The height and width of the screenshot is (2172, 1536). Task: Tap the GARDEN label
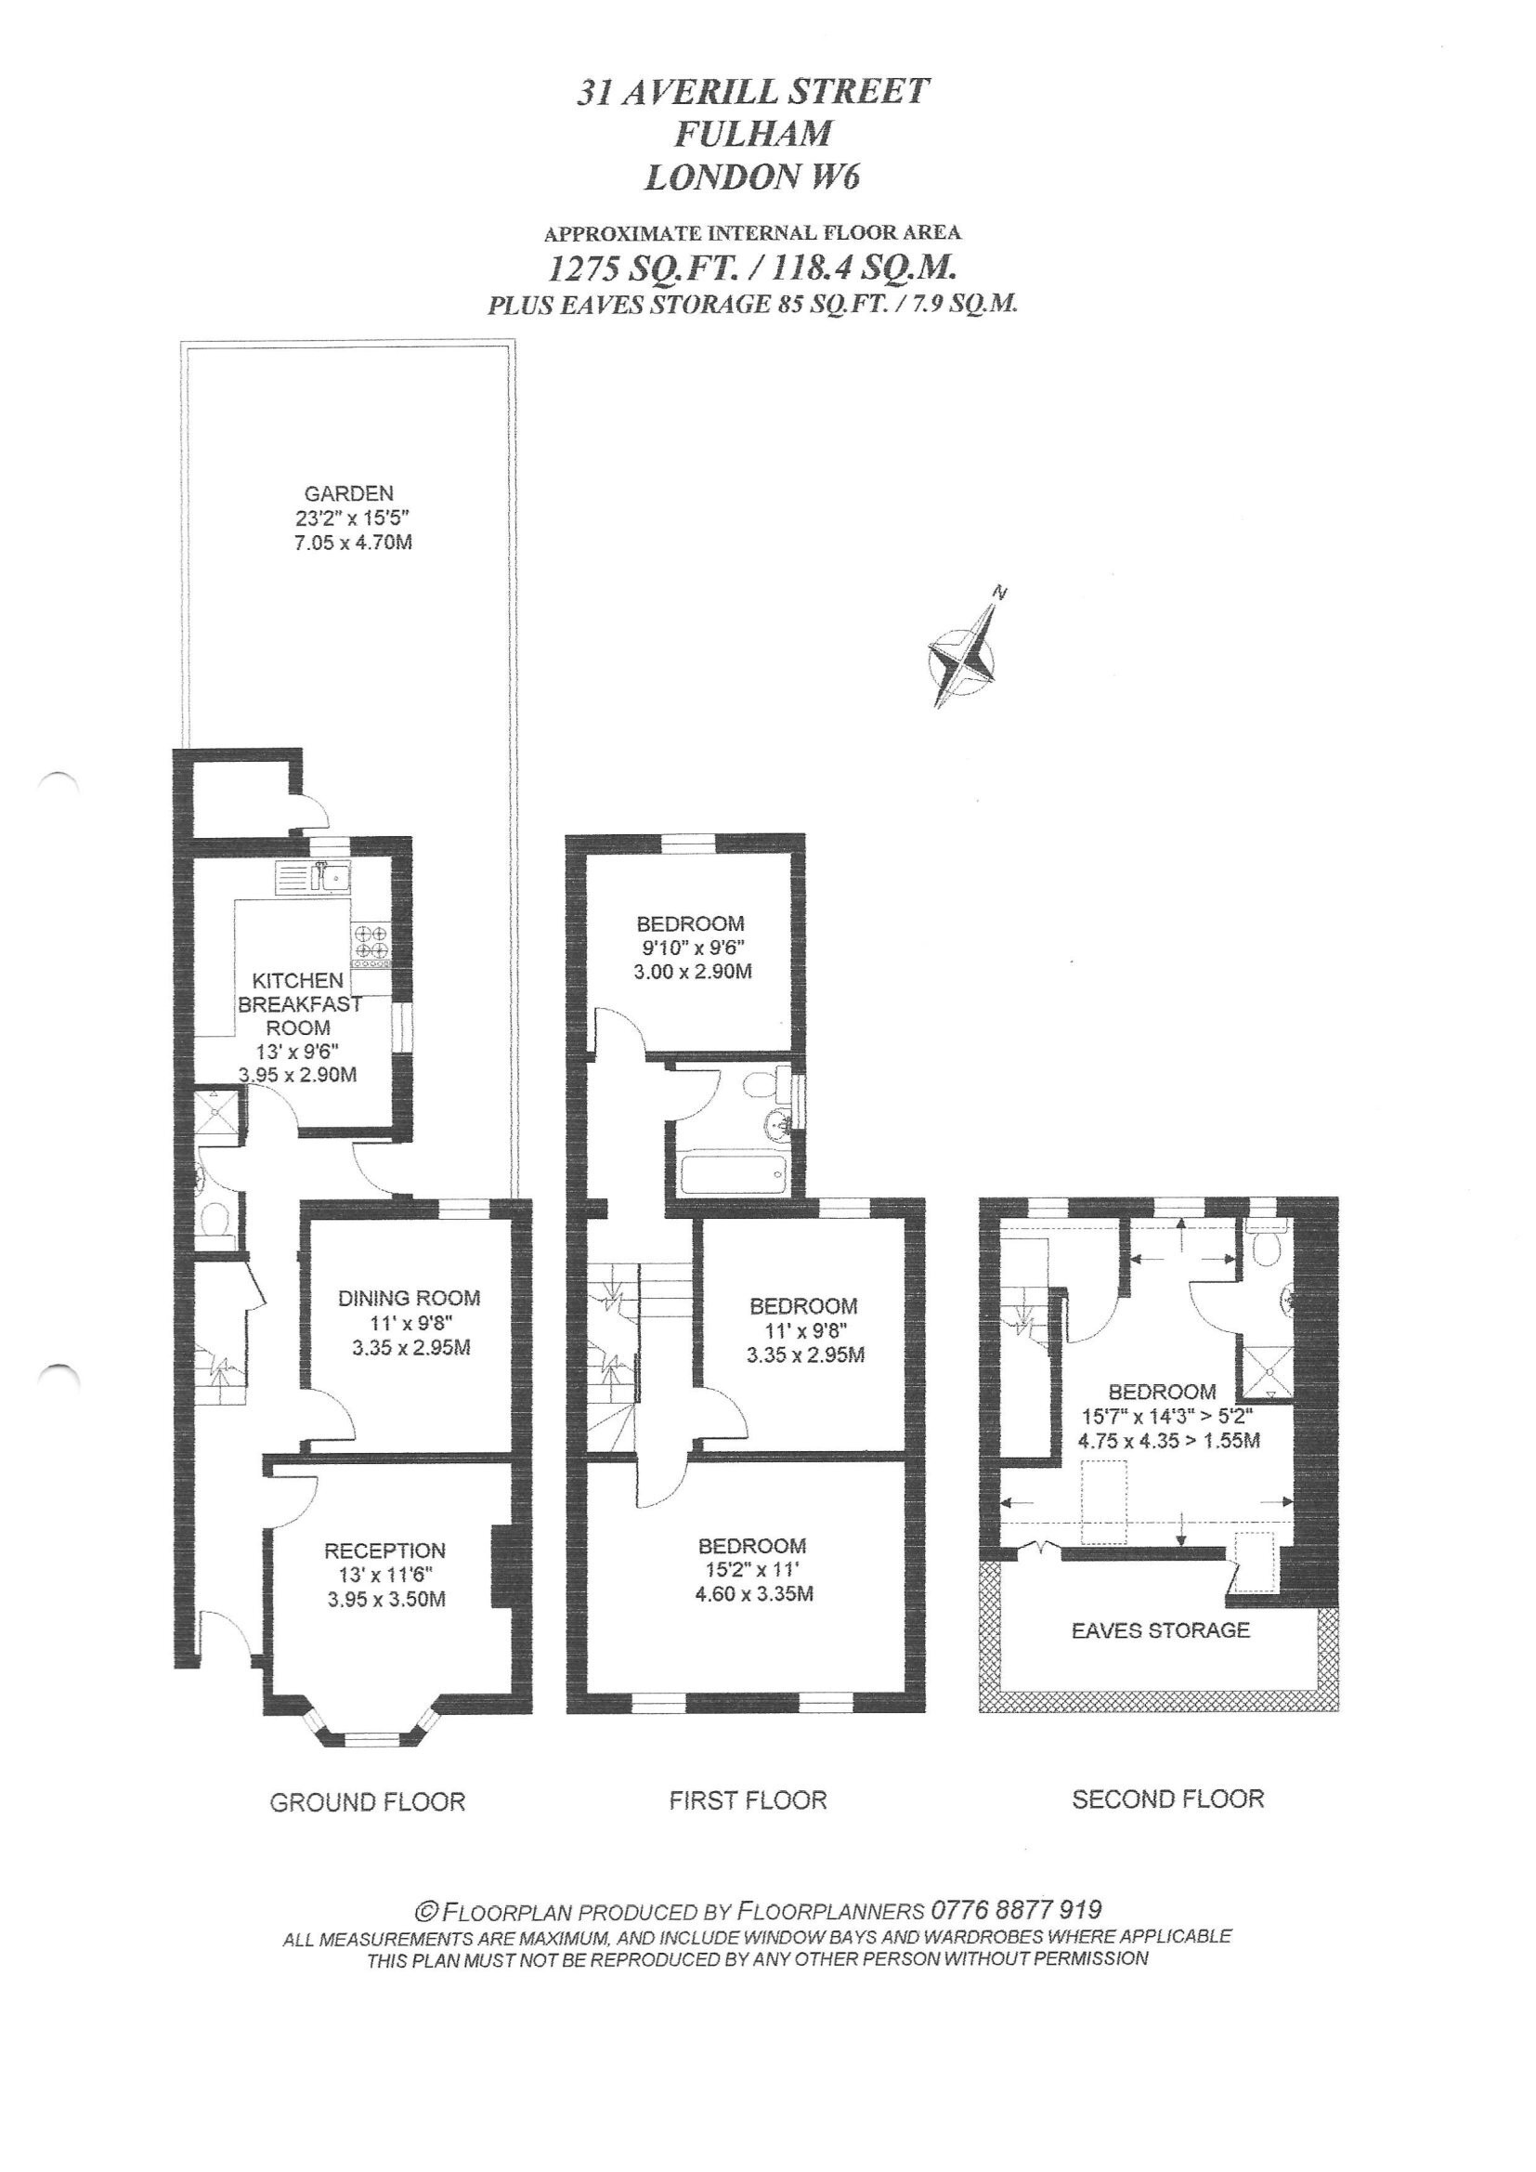[x=349, y=493]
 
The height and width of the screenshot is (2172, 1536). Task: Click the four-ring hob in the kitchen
[x=371, y=942]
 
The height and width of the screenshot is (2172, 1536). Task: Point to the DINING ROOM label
[x=410, y=1299]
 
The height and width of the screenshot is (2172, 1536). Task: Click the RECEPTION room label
[x=385, y=1550]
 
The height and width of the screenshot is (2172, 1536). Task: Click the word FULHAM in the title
[x=753, y=134]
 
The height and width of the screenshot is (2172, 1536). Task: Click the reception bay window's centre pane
[x=371, y=1737]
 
